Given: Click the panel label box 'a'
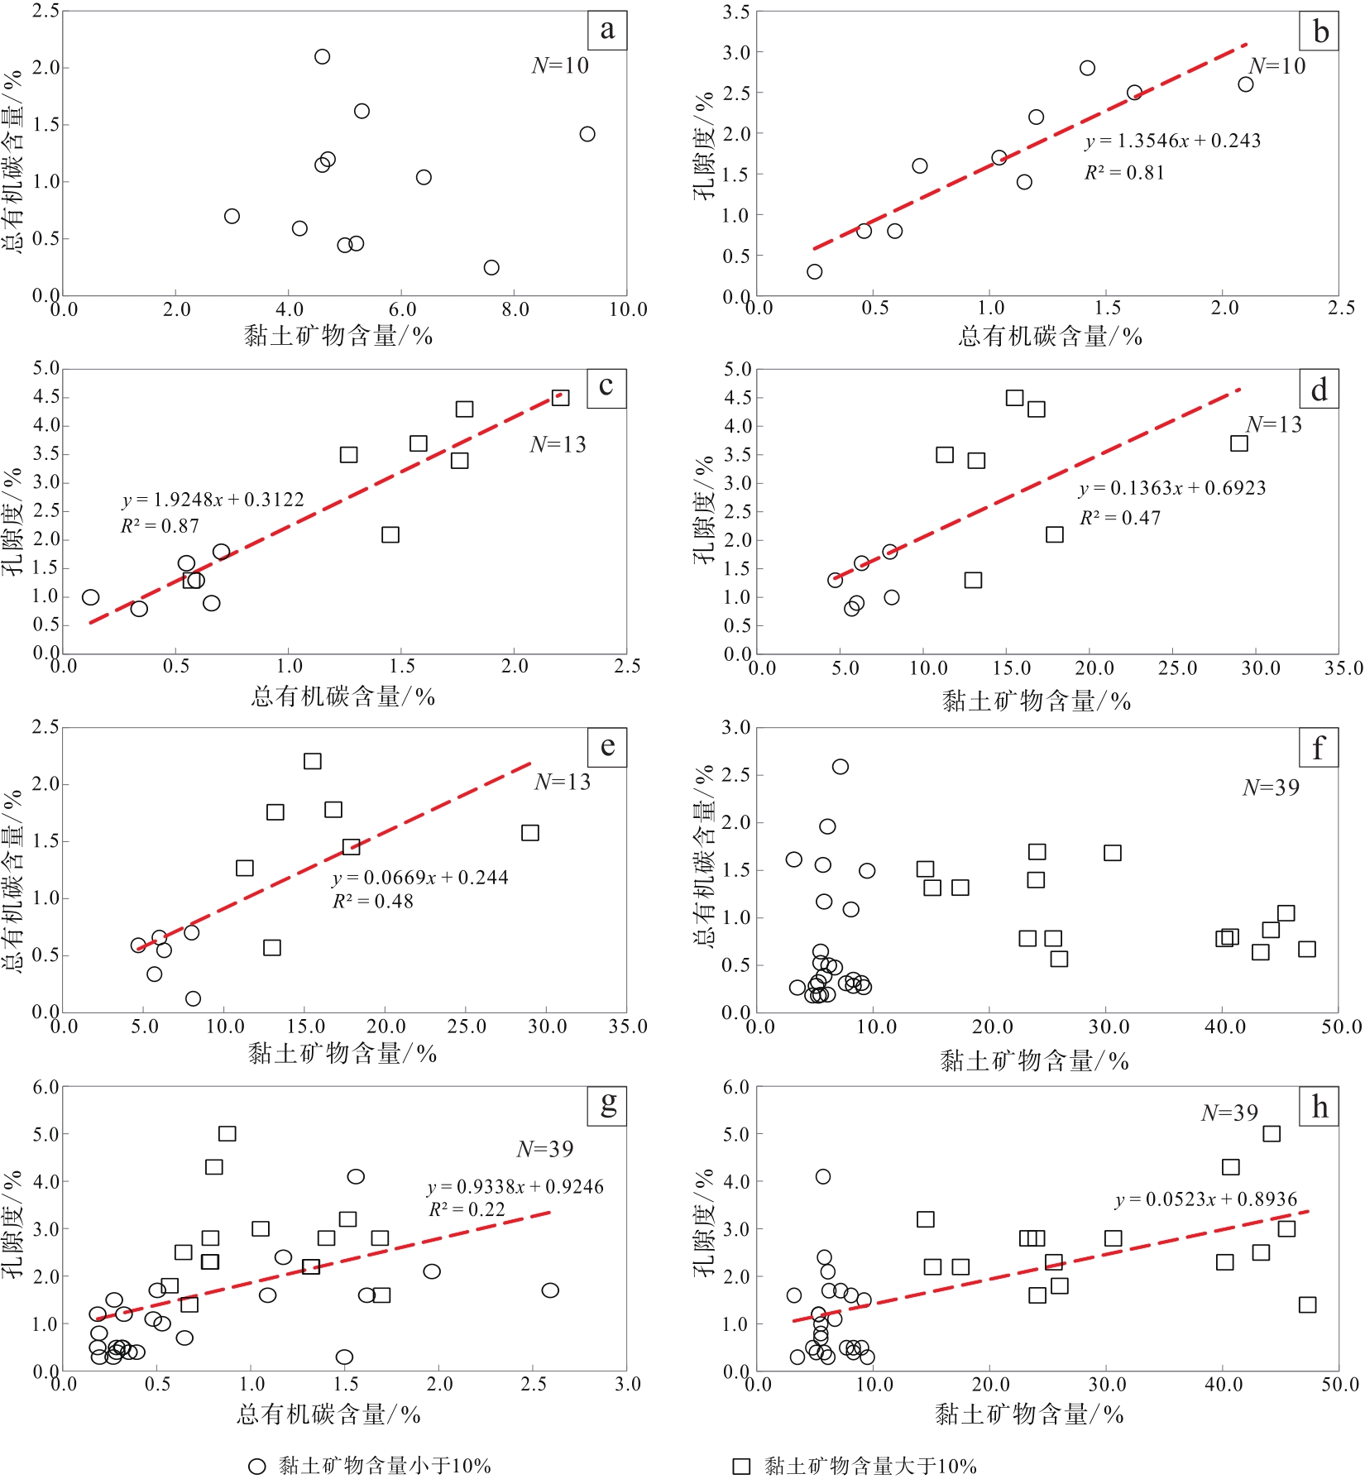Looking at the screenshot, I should (607, 31).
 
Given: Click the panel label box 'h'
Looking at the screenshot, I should (1319, 1107).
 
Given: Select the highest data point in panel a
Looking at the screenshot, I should (323, 56).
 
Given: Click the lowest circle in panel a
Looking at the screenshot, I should (491, 267).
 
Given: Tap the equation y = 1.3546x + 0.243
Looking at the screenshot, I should (1173, 141).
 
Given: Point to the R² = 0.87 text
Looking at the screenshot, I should (160, 526).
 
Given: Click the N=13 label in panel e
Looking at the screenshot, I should (563, 782).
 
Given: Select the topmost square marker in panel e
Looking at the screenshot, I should (313, 761).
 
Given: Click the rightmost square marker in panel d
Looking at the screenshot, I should (1238, 443).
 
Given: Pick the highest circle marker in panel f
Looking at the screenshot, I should (841, 767).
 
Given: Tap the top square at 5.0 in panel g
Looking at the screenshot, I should (227, 1133).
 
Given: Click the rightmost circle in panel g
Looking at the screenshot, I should (550, 1290).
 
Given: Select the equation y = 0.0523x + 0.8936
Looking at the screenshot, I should (1206, 1199).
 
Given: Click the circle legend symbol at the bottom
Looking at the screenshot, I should (257, 1467).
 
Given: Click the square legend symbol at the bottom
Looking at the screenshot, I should (742, 1467).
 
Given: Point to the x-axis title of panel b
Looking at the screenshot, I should (1050, 337).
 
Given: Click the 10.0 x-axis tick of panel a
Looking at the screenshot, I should (628, 310).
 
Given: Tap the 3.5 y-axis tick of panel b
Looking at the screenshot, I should (736, 12).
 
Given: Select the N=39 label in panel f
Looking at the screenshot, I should (1271, 787).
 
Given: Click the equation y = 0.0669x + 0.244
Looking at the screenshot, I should (420, 878).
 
